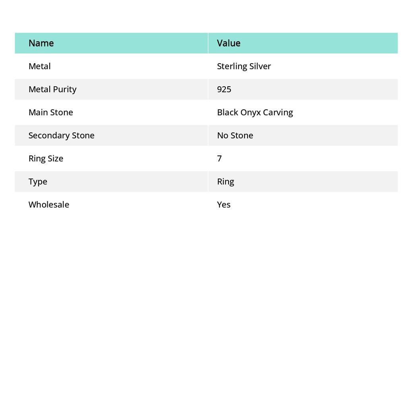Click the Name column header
pyautogui.click(x=41, y=43)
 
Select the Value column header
pyautogui.click(x=229, y=43)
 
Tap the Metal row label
pyautogui.click(x=39, y=66)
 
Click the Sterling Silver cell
pyautogui.click(x=244, y=66)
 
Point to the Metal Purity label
pyautogui.click(x=52, y=89)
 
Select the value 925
pyautogui.click(x=224, y=89)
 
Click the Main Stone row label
pyautogui.click(x=50, y=112)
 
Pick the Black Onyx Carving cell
pyautogui.click(x=255, y=112)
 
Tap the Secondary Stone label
pyautogui.click(x=61, y=135)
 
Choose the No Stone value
pyautogui.click(x=235, y=135)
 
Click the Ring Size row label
pyautogui.click(x=46, y=158)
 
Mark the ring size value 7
pyautogui.click(x=219, y=158)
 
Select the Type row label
pyautogui.click(x=38, y=181)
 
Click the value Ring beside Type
pyautogui.click(x=225, y=181)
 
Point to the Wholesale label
pyautogui.click(x=48, y=204)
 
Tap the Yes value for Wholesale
pyautogui.click(x=223, y=204)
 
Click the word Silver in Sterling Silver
pyautogui.click(x=260, y=66)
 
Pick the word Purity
pyautogui.click(x=64, y=89)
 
